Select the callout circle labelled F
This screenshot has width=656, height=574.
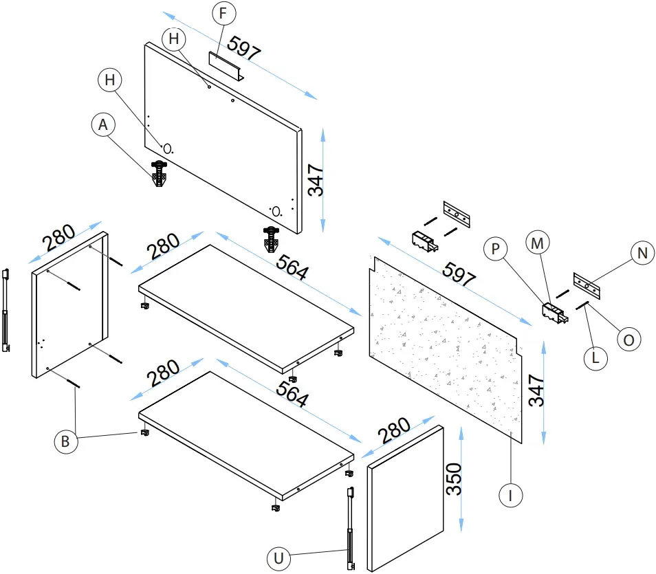(222, 13)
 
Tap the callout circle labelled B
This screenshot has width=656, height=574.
(65, 442)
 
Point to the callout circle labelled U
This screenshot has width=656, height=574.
(278, 559)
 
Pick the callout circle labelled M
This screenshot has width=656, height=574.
(538, 242)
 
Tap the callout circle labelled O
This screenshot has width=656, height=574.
(628, 339)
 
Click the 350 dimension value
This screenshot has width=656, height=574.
(455, 479)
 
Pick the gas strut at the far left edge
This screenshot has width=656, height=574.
(7, 309)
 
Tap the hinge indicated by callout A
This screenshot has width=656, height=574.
(160, 174)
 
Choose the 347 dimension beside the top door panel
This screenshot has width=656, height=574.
(316, 179)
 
